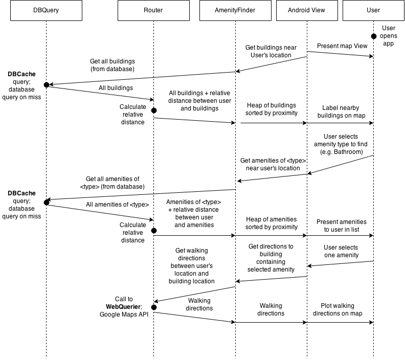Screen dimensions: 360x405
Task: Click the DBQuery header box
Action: (46, 10)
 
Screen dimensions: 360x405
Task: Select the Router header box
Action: (153, 10)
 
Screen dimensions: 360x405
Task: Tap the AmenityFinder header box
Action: (235, 10)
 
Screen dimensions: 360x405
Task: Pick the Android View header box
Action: (307, 10)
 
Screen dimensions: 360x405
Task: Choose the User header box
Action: (373, 10)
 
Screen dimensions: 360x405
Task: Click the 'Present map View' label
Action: (342, 47)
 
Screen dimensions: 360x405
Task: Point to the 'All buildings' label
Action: (116, 88)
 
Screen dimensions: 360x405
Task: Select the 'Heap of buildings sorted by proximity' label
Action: (272, 109)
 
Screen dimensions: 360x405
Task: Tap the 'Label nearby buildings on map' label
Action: (341, 112)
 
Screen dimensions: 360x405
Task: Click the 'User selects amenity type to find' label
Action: (341, 144)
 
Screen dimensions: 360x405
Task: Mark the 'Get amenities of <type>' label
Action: (273, 164)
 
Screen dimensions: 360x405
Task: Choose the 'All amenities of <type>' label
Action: (117, 205)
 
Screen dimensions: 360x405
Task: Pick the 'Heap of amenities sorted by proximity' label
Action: (272, 223)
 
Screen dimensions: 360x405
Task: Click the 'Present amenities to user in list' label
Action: (342, 226)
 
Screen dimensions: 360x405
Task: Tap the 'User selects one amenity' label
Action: (341, 251)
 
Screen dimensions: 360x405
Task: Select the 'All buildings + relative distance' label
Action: (199, 101)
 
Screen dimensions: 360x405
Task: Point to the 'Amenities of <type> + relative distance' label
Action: (194, 213)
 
